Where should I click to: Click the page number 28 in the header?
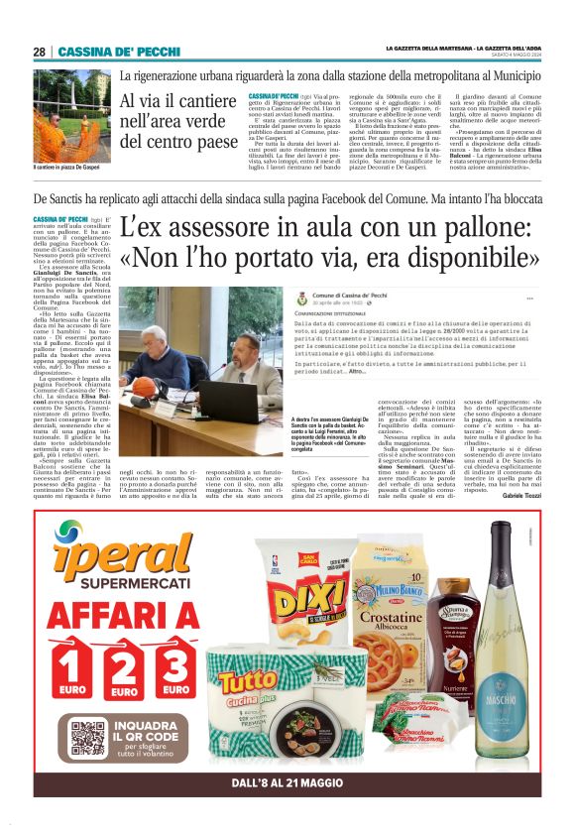click(x=39, y=52)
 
